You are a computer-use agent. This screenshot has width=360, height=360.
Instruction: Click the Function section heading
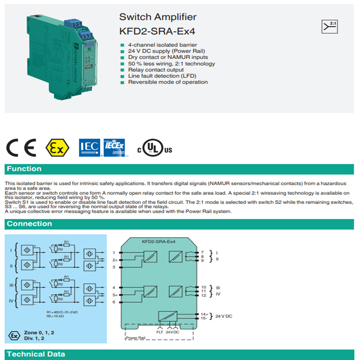[x=24, y=169]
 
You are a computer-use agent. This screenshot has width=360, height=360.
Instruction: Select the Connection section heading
[x=30, y=224]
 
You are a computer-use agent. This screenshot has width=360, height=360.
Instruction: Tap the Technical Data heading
[x=36, y=354]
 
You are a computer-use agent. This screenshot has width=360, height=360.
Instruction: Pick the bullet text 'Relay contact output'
[x=156, y=70]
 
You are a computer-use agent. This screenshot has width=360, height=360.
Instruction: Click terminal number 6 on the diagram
[x=114, y=302]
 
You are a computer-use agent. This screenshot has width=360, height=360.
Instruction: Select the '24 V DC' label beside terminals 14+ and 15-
[x=224, y=316]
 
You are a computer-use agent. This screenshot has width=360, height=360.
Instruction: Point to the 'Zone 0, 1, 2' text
[x=39, y=332]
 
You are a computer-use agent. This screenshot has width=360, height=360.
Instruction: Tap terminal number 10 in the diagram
[x=203, y=287]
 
